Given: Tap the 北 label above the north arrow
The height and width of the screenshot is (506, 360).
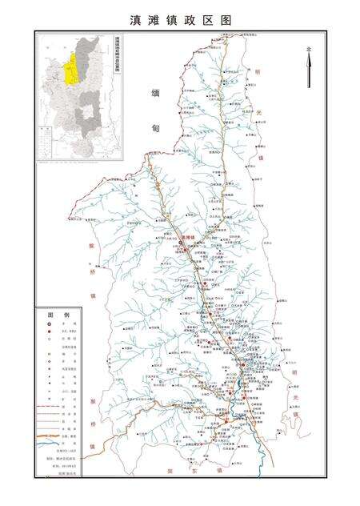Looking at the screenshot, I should coord(308,50).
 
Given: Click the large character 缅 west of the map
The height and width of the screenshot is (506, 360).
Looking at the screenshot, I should coord(156,94).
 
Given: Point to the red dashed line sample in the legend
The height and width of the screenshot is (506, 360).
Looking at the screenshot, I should coord(48,407).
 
